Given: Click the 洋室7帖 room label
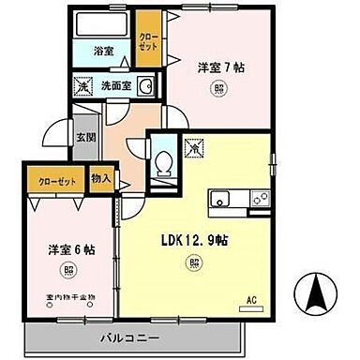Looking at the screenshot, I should (222, 67).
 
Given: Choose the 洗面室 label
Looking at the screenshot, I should (118, 87).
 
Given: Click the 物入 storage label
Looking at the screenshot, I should (101, 177).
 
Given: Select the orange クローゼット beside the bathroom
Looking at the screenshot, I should (148, 41).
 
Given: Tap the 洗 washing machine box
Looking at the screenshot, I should (83, 87).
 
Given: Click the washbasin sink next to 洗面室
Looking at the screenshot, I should (146, 87).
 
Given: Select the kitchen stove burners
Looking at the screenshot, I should (258, 198).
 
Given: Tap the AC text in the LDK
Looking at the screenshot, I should (251, 300).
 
